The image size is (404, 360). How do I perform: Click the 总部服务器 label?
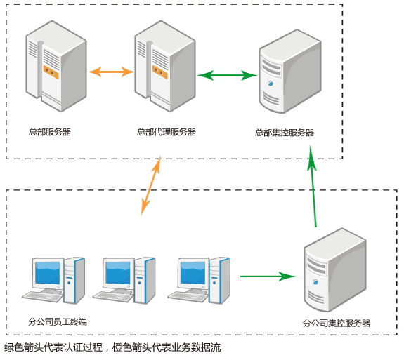tap(50, 132)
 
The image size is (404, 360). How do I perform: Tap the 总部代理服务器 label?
tap(167, 132)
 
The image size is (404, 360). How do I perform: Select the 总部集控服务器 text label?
tap(285, 133)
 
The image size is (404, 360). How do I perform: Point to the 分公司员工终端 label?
tap(58, 321)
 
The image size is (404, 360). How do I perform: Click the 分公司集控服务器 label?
tap(337, 323)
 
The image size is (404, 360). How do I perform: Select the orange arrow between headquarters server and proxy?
tap(111, 72)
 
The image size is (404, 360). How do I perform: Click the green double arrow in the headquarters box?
tap(227, 75)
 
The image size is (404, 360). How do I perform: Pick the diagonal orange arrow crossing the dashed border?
tap(151, 186)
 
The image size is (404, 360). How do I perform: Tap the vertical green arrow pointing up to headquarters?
tap(313, 187)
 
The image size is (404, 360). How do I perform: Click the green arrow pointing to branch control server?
tap(268, 276)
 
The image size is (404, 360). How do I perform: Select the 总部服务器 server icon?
tap(56, 66)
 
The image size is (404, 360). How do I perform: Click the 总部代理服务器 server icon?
tap(165, 66)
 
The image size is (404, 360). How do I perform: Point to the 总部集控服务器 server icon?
tap(290, 72)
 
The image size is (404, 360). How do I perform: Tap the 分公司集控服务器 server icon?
tap(335, 270)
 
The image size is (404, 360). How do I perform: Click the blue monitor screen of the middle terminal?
tap(118, 273)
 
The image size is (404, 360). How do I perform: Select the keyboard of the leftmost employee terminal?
tap(43, 297)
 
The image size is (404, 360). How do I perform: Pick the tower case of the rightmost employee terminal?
tap(219, 280)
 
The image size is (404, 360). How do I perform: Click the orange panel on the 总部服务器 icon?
tap(51, 72)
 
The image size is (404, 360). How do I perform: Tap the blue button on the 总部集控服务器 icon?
tap(271, 84)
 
